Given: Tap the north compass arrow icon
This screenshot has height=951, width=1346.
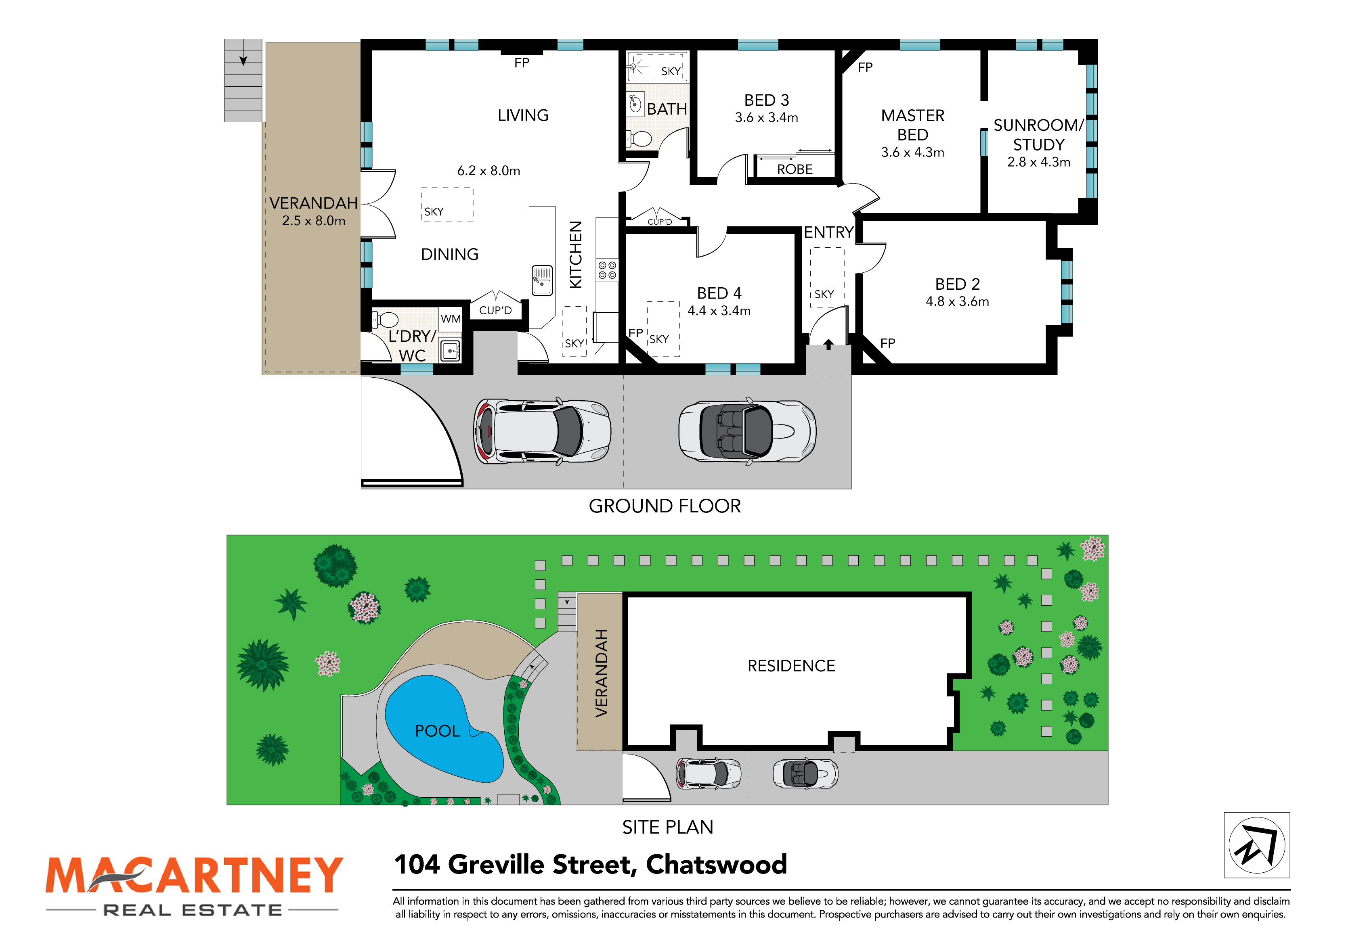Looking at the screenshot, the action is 1256,846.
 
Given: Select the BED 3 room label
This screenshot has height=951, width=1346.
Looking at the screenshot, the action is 767,100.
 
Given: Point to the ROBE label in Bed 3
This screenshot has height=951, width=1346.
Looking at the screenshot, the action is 795,169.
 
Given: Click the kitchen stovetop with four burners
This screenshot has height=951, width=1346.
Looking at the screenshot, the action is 607,270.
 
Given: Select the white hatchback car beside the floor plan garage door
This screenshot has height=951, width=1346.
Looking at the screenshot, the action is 542,431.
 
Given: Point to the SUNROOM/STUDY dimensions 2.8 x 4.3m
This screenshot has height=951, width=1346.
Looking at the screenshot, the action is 1038,162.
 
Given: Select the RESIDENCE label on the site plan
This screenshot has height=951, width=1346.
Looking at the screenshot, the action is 791,666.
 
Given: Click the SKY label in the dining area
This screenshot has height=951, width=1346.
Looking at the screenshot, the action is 434,211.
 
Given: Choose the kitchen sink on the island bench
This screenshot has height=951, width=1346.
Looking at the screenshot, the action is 542,280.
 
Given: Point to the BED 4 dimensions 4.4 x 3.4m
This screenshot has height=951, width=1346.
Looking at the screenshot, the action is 719,311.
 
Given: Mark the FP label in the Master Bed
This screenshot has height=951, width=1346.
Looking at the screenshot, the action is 865,67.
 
